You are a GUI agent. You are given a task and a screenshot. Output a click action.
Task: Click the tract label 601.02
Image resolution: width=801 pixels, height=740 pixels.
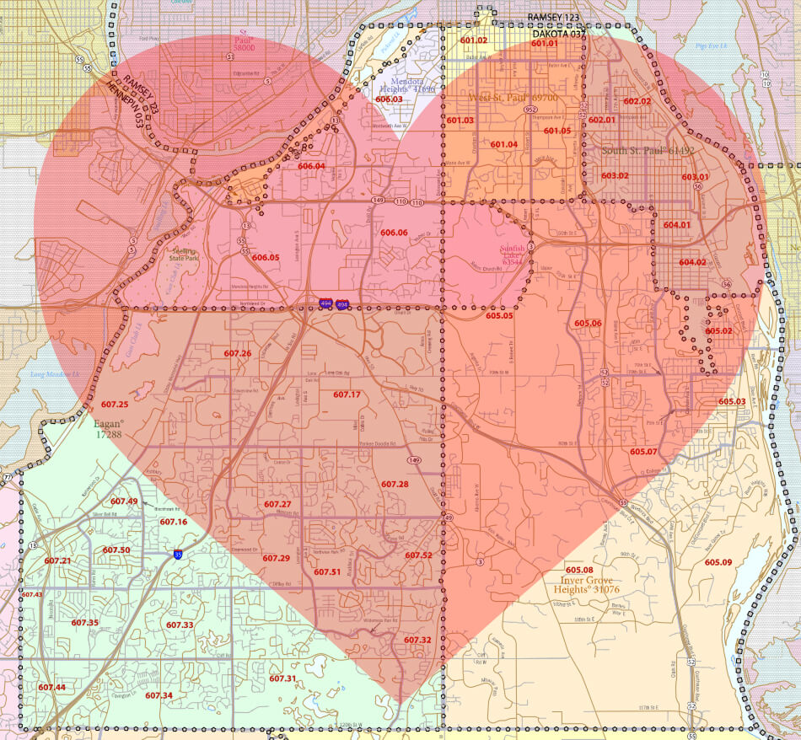click(473, 40)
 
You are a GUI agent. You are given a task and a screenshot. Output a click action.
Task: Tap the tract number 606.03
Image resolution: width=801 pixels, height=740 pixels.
click(389, 99)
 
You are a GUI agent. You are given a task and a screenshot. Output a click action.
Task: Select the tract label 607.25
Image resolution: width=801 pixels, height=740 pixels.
click(115, 405)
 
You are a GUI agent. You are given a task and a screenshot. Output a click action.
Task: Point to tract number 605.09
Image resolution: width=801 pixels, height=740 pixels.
click(718, 562)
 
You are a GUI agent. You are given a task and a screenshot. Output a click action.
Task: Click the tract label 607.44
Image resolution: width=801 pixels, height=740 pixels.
click(51, 688)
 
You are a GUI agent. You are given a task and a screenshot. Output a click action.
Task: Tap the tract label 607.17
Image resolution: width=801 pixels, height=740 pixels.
click(347, 394)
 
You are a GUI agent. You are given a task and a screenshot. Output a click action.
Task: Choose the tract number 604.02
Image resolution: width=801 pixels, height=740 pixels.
click(692, 262)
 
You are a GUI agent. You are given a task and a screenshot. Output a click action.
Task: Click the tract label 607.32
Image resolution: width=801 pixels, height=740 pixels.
click(417, 641)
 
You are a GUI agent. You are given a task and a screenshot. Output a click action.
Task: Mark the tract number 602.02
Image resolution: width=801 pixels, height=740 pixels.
click(637, 101)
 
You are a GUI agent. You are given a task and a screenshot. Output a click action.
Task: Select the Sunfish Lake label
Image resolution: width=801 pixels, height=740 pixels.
click(513, 255)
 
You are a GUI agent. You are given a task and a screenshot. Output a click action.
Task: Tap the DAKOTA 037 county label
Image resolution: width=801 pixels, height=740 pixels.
click(557, 35)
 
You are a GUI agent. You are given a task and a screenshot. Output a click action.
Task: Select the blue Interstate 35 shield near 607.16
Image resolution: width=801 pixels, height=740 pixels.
click(178, 555)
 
